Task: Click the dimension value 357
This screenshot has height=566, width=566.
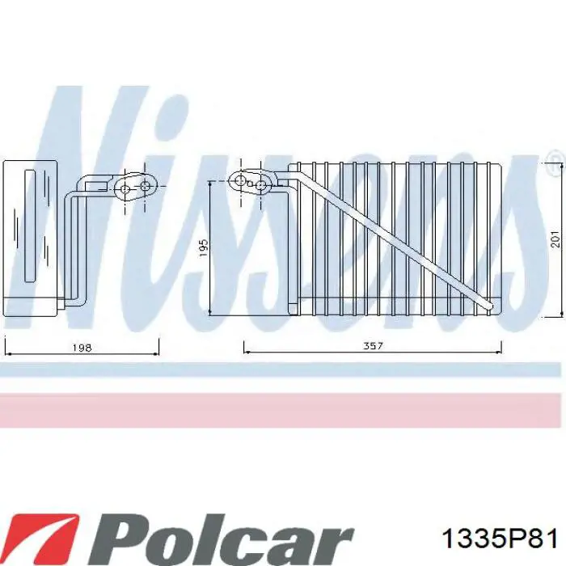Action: click(x=373, y=347)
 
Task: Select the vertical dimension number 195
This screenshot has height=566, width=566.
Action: click(x=204, y=246)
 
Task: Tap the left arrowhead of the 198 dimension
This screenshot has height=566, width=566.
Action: click(x=8, y=353)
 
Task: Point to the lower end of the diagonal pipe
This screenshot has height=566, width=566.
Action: click(x=488, y=306)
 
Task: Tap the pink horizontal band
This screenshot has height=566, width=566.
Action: click(x=283, y=410)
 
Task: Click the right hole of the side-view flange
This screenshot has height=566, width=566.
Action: click(x=146, y=188)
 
